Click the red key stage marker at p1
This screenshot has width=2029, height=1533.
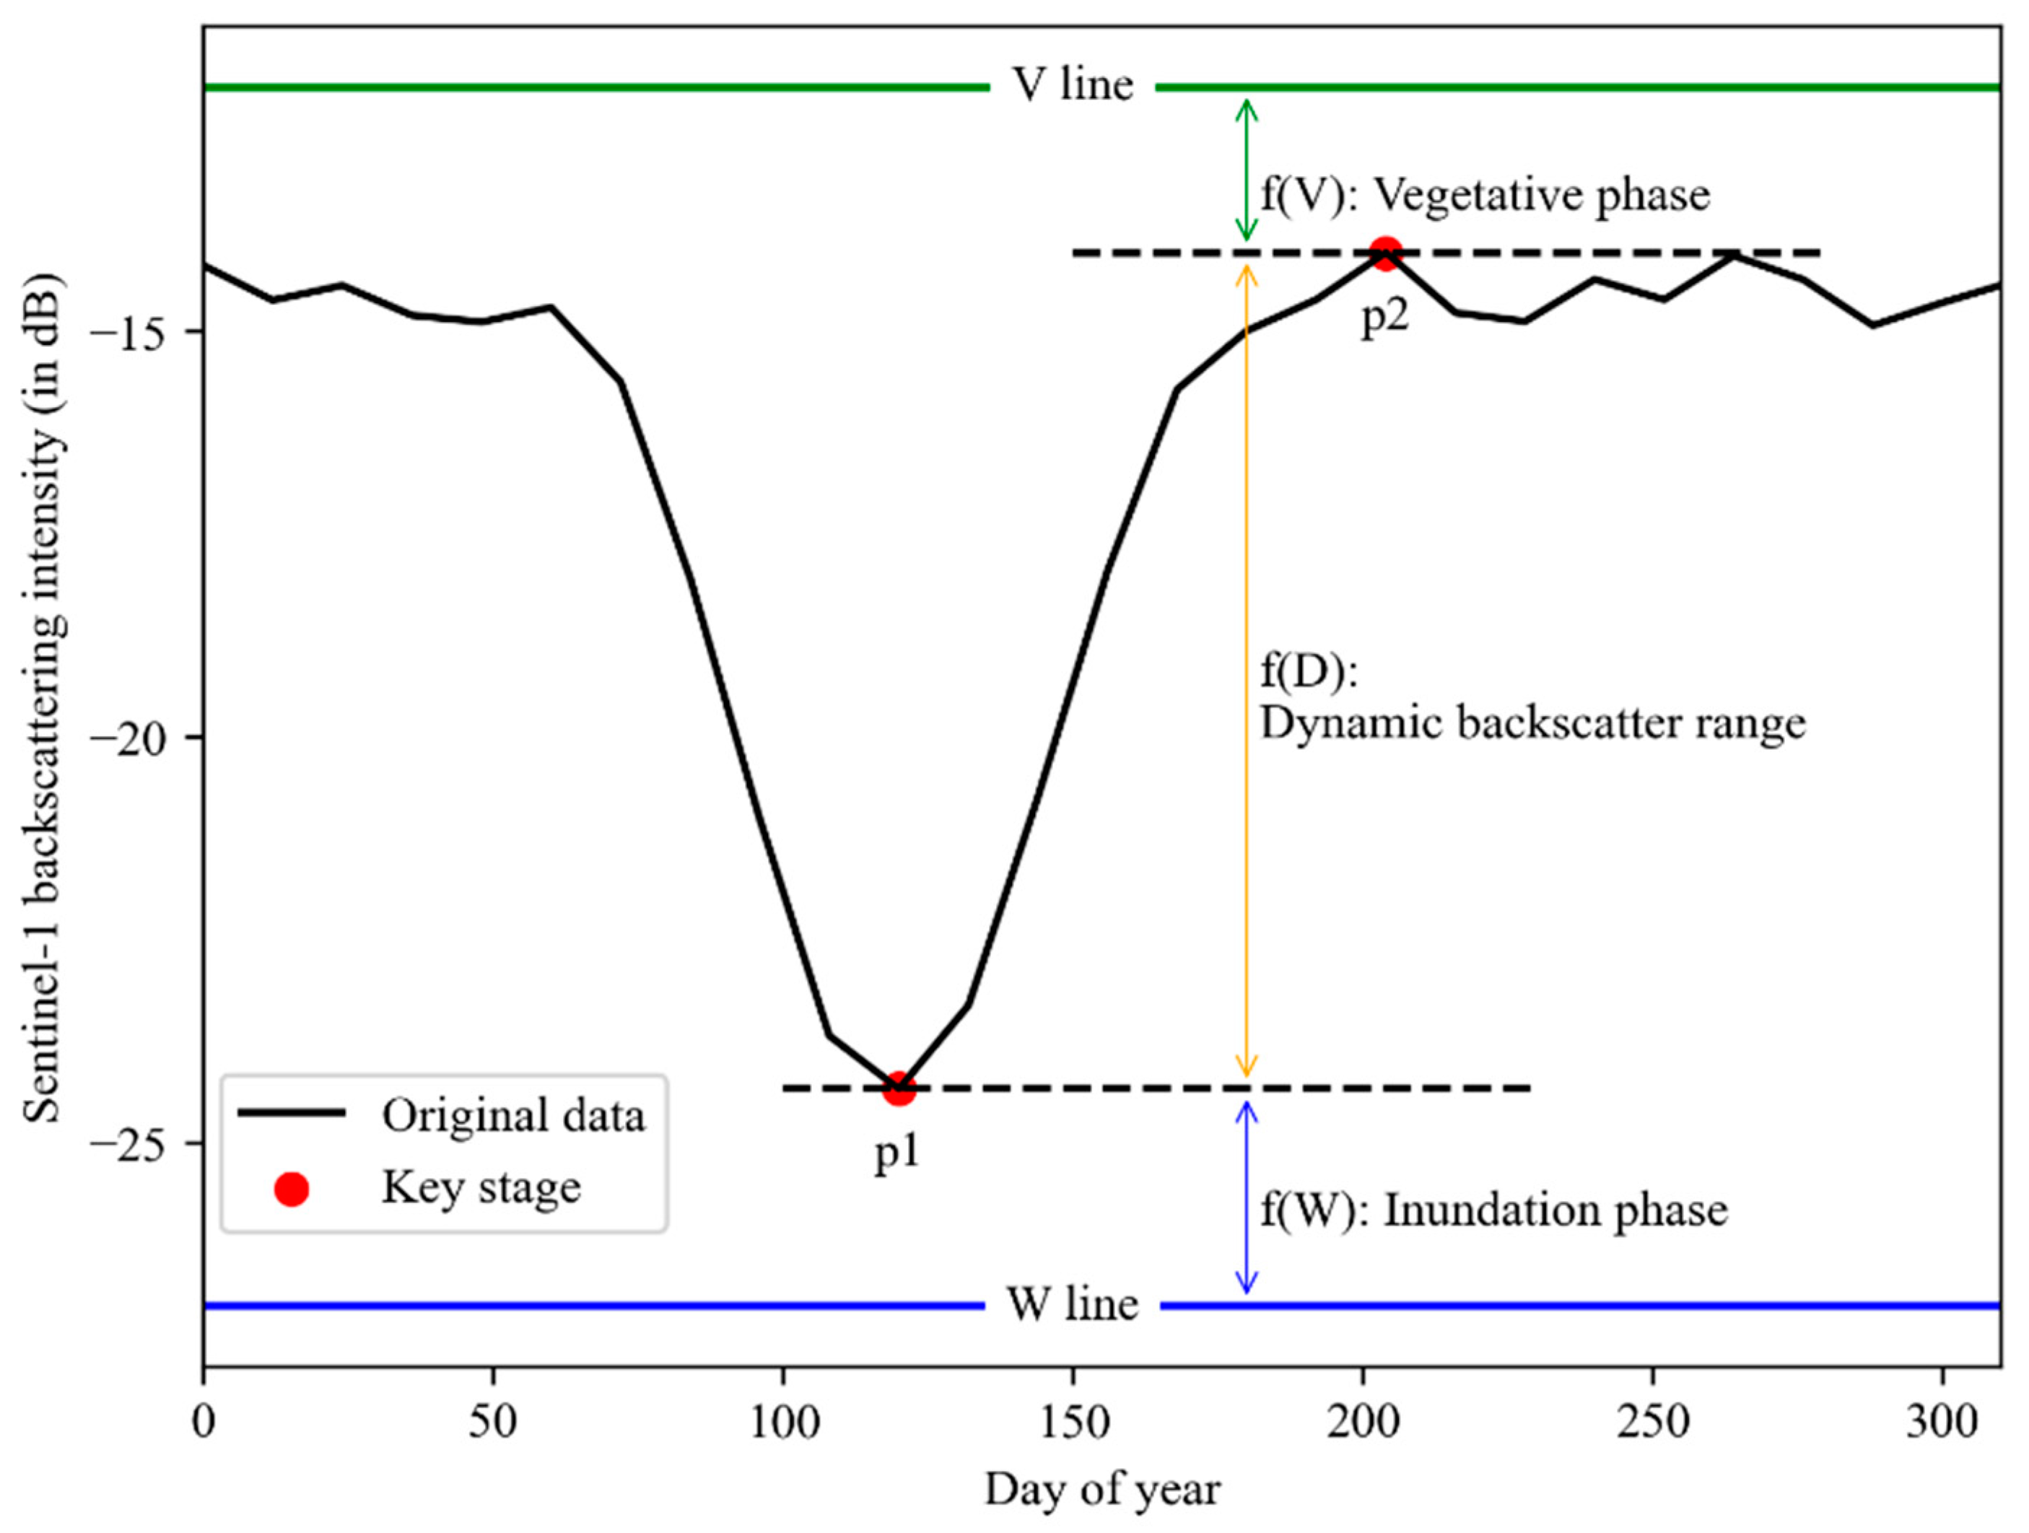(x=899, y=1088)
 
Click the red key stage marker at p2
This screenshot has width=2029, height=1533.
(x=1384, y=253)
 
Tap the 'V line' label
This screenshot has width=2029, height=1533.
(x=1073, y=85)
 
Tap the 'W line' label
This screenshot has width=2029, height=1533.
(x=1073, y=1303)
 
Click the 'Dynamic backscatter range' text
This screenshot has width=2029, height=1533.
(x=1532, y=724)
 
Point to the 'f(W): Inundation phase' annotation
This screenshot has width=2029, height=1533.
(x=1493, y=1210)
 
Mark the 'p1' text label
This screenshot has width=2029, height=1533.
(x=896, y=1152)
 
